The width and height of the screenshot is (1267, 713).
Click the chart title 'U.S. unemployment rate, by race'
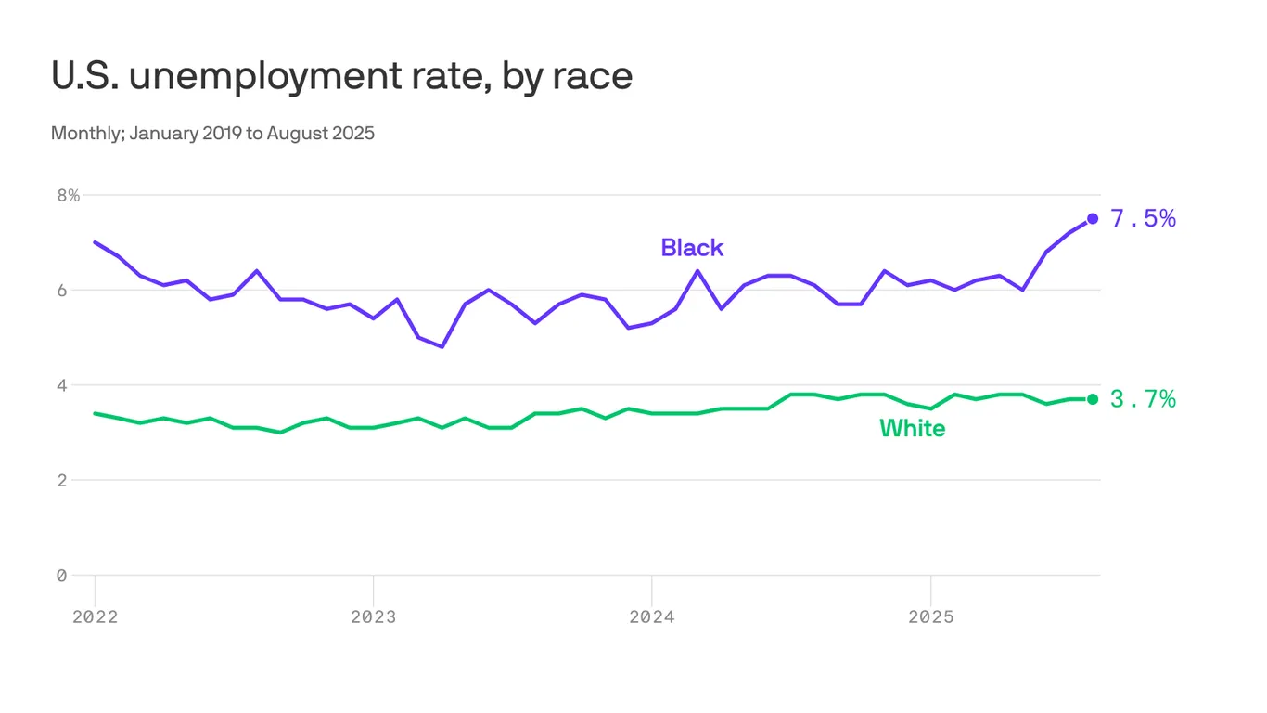[341, 76]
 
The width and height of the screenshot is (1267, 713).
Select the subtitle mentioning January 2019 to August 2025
[212, 133]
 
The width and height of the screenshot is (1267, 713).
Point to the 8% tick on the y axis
[68, 195]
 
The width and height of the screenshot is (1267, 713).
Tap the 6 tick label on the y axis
[61, 290]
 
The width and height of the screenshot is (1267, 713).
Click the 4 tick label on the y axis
[61, 384]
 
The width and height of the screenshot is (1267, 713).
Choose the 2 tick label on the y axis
[61, 480]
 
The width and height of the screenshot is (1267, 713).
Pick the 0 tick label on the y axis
[61, 576]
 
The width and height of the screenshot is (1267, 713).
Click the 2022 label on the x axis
[95, 617]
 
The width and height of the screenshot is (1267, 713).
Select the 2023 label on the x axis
[373, 617]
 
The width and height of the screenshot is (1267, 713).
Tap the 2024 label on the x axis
[651, 617]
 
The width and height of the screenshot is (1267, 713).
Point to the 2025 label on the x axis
[930, 617]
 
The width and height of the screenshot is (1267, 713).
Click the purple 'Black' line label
[692, 248]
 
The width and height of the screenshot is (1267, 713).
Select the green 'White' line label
[912, 428]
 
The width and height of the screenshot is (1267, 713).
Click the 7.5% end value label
[1143, 219]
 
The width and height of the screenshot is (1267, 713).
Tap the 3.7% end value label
[1143, 399]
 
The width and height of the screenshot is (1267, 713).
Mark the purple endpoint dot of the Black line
[1093, 218]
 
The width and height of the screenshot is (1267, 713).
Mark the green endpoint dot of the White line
[1093, 399]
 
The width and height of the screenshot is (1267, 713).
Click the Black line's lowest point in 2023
[442, 347]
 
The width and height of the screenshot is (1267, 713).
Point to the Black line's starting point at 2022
[95, 242]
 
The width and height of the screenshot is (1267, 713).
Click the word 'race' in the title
[594, 76]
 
